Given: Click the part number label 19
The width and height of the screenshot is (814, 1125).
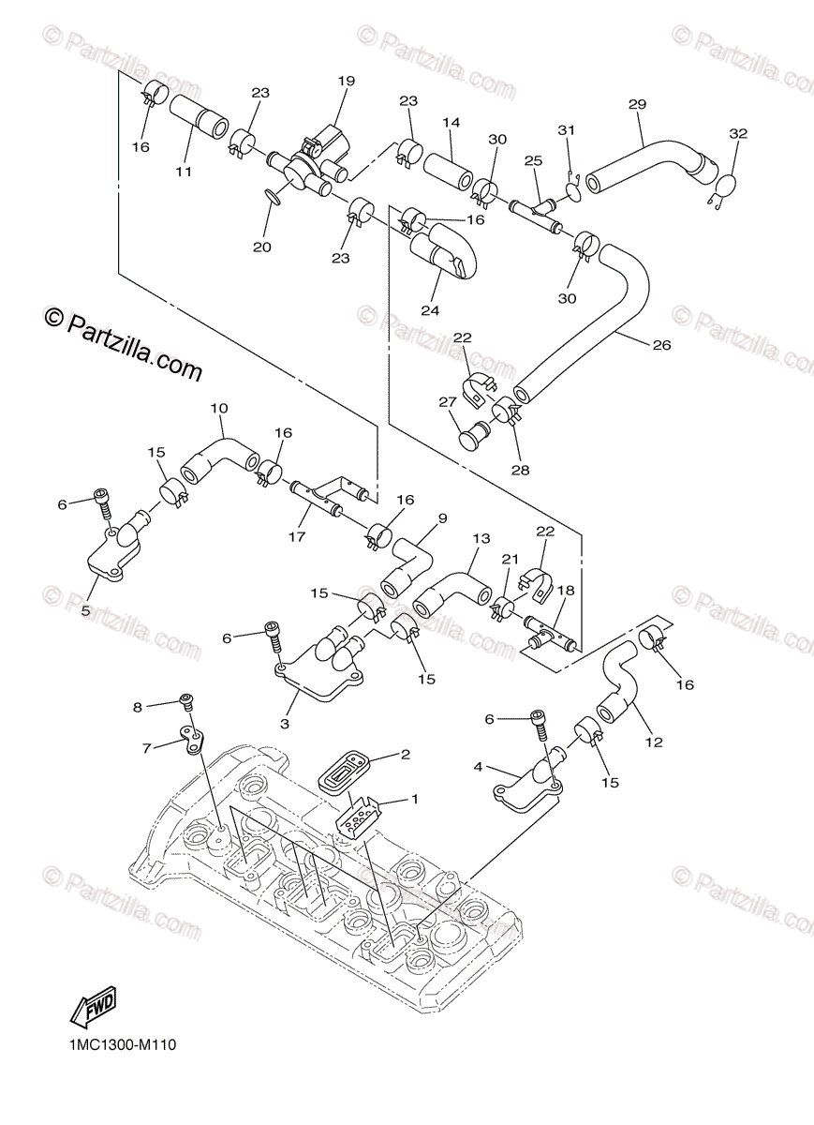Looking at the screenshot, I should tap(347, 82).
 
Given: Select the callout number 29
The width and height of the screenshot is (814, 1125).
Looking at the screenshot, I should tap(637, 104).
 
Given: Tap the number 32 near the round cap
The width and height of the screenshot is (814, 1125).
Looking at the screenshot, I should tap(738, 134).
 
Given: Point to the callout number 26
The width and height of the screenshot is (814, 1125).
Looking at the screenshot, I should tap(661, 345).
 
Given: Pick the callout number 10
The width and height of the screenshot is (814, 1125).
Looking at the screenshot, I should tap(219, 409).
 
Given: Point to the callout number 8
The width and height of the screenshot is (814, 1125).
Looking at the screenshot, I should tap(138, 708).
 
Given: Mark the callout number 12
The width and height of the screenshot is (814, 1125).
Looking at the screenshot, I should tap(653, 742).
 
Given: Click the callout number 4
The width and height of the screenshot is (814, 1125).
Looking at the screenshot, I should tap(478, 767).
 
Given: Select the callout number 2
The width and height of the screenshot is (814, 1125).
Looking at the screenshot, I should tap(406, 754).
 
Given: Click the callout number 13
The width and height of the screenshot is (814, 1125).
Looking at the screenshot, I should tap(481, 539).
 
